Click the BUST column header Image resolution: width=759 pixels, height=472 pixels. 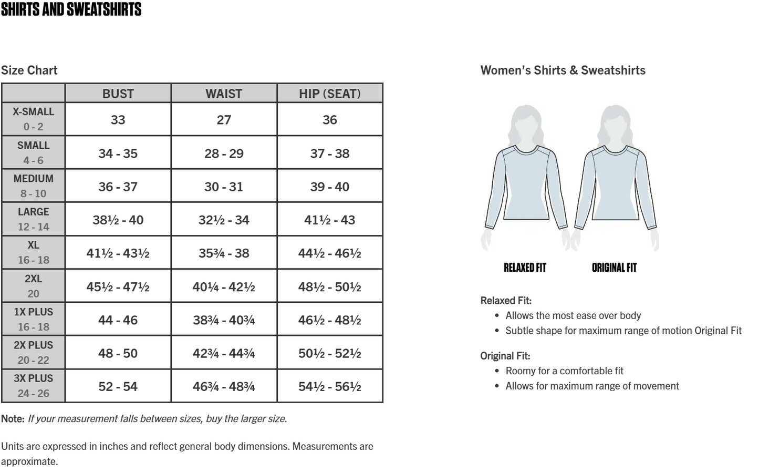118,94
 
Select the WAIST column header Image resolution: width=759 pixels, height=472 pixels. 224,94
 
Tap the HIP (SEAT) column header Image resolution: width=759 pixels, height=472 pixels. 330,94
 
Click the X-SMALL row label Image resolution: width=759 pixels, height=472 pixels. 33,112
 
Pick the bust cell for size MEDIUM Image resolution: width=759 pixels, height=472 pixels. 118,187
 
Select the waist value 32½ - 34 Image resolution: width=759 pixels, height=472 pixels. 224,220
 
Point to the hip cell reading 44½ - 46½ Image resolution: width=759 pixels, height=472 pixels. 330,253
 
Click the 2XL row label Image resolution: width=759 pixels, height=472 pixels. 33,279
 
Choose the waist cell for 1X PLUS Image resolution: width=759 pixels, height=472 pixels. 224,320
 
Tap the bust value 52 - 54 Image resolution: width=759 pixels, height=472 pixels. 118,387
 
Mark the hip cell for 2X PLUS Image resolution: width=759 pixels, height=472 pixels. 330,353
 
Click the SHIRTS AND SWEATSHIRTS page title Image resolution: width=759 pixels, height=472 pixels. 71,9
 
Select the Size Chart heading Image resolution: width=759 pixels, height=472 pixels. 29,70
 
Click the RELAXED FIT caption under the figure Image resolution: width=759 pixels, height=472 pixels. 525,268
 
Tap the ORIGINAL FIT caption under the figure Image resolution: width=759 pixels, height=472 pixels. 614,268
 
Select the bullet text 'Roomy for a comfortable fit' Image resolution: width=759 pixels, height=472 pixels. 564,371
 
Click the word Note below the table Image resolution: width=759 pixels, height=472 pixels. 13,418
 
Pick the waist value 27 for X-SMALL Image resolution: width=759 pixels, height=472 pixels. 224,120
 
